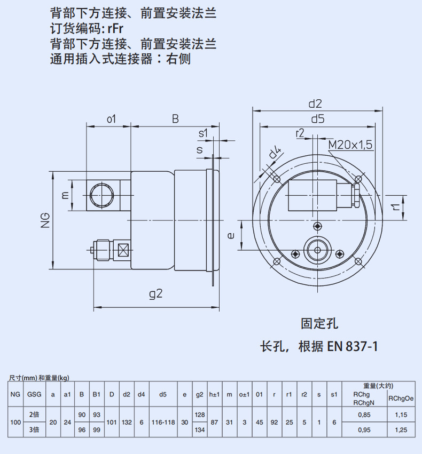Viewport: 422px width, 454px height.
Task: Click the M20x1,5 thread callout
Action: pos(350,145)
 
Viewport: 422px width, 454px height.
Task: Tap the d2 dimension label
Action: pos(315,103)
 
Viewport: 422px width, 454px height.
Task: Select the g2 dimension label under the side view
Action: pos(155,294)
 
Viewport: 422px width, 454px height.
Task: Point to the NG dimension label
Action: pos(45,220)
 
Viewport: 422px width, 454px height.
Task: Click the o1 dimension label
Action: pos(111,119)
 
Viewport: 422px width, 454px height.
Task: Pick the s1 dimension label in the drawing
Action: pos(203,133)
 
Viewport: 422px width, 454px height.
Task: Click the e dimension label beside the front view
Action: pos(231,236)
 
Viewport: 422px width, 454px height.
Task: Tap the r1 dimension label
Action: pos(395,207)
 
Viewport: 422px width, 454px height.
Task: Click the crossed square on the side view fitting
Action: pos(123,250)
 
